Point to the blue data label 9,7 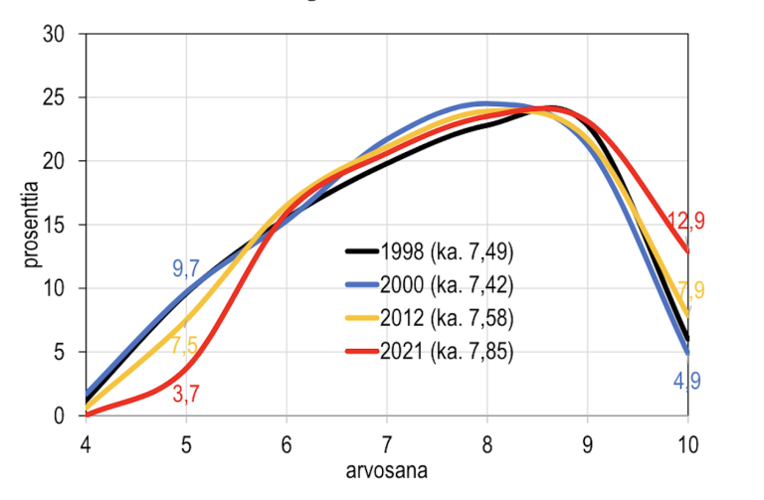tap(187, 267)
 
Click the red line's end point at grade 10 tap(686, 251)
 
